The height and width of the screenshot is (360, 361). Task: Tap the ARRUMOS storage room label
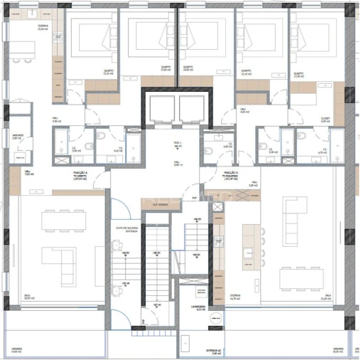click(18, 137)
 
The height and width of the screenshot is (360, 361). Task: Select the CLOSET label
click(325, 121)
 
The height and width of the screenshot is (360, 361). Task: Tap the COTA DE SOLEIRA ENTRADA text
click(126, 229)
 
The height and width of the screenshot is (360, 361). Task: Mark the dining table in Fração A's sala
click(68, 222)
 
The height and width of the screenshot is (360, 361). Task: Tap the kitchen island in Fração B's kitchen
click(249, 246)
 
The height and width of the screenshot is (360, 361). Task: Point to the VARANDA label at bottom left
click(15, 350)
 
